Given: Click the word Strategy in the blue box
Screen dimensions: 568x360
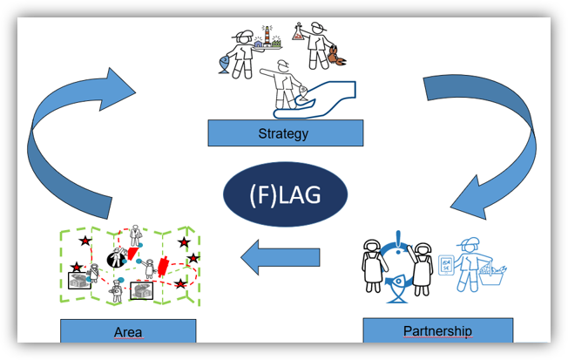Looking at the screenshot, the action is tap(283, 133).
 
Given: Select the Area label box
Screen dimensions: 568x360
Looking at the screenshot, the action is tap(128, 330).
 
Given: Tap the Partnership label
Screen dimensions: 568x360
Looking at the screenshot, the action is tap(438, 330).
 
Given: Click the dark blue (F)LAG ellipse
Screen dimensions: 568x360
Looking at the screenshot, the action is tap(285, 194).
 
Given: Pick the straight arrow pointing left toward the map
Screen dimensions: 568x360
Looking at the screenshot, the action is tap(281, 257).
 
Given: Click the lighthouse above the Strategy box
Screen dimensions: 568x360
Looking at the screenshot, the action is tap(267, 36).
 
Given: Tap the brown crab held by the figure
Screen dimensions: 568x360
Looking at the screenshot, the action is tap(336, 56).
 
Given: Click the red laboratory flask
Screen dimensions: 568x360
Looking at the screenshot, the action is tap(298, 31).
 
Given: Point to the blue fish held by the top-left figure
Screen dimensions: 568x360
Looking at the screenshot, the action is tap(225, 65).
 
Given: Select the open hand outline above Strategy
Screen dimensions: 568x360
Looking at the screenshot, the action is tap(314, 100).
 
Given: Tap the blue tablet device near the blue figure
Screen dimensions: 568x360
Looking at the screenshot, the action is tap(446, 265).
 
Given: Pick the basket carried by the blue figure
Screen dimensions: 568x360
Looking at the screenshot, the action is tap(491, 275).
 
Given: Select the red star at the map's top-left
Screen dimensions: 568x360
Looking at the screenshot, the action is tap(85, 241).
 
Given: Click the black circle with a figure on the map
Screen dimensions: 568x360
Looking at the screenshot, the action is tap(117, 259).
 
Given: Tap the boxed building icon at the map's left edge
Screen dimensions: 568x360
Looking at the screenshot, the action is tap(79, 281).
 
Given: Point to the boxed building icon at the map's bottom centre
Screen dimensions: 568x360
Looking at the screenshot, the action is tap(142, 290).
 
